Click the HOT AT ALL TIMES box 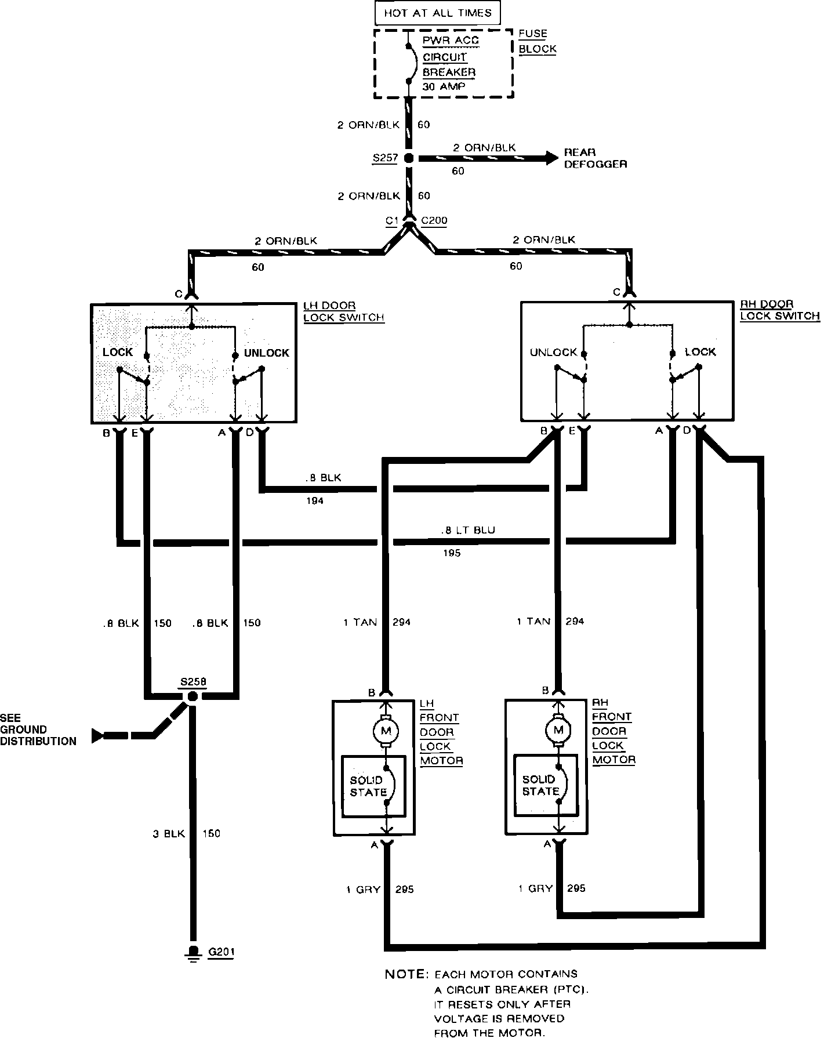[437, 13]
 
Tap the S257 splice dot [408, 158]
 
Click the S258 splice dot [193, 696]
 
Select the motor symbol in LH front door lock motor [386, 731]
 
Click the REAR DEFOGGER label [595, 158]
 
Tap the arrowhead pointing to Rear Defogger [550, 158]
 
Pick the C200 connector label [434, 220]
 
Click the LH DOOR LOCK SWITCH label [344, 311]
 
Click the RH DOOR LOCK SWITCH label [780, 310]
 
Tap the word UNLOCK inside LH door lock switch [266, 353]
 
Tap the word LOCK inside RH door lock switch [700, 351]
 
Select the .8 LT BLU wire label [467, 530]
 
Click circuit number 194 [315, 500]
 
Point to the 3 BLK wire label [168, 833]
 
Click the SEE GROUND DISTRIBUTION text [38, 729]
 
